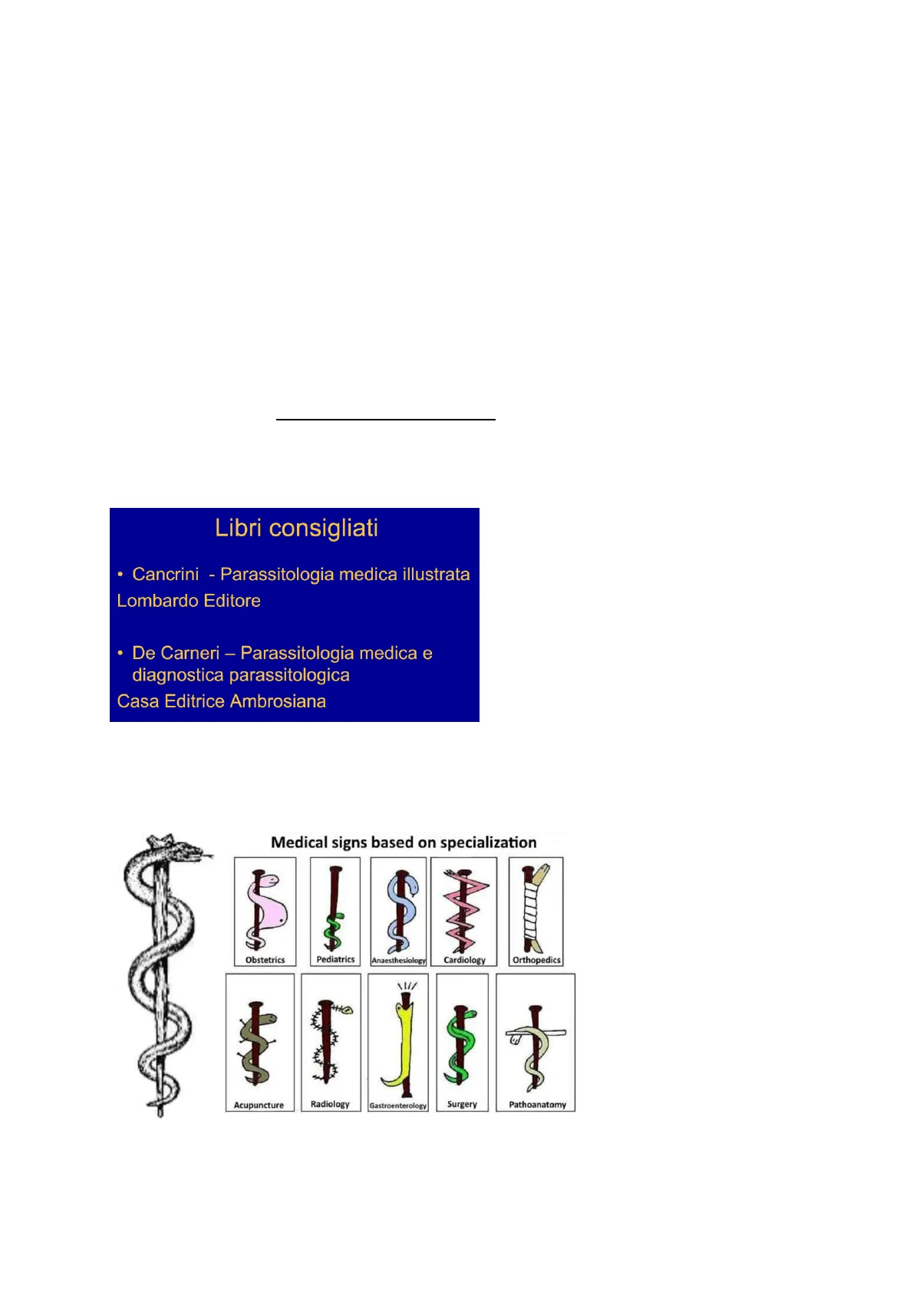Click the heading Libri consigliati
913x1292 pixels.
pyautogui.click(x=296, y=529)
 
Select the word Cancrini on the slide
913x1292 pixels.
pyautogui.click(x=166, y=575)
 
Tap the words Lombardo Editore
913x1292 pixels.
pyautogui.click(x=189, y=601)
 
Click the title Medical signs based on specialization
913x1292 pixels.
pyautogui.click(x=404, y=842)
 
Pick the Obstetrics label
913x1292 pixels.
pyautogui.click(x=265, y=961)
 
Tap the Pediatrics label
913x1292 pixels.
pyautogui.click(x=336, y=960)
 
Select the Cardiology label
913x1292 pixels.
pyautogui.click(x=464, y=961)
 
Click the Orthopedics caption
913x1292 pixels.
pyautogui.click(x=536, y=961)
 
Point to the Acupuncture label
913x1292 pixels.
pyautogui.click(x=259, y=1106)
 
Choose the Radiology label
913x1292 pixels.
pyautogui.click(x=330, y=1105)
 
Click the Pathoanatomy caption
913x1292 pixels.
pyautogui.click(x=538, y=1105)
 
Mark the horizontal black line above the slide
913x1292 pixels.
pyautogui.click(x=386, y=420)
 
